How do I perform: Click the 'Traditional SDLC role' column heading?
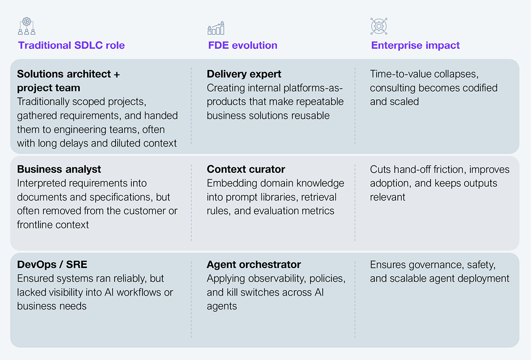coord(71,45)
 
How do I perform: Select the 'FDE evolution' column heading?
coord(242,45)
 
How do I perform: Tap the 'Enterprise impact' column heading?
coord(416,45)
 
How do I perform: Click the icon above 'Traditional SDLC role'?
coord(27,26)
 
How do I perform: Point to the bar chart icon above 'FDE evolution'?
coord(216,28)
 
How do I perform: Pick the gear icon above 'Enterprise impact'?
coord(379,26)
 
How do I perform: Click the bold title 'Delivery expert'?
coord(244,74)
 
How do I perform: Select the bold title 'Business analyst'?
coord(59,169)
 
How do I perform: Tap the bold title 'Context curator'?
coord(246,169)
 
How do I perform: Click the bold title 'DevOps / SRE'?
coord(52,264)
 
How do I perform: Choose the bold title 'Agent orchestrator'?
coord(254,265)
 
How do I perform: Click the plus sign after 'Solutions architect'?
coord(117,74)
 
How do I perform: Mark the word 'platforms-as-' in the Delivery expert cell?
coord(313,88)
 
